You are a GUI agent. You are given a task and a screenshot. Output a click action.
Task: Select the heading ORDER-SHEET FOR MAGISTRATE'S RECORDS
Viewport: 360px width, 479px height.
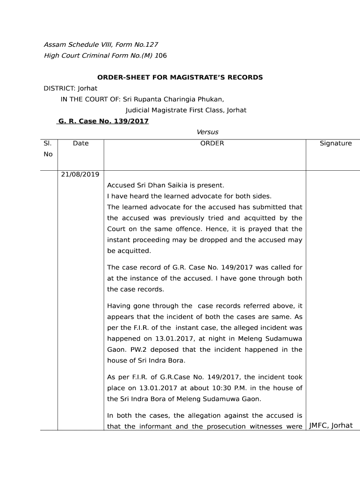pyautogui.click(x=180, y=77)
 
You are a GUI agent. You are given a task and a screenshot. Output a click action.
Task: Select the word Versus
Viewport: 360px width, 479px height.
pyautogui.click(x=208, y=132)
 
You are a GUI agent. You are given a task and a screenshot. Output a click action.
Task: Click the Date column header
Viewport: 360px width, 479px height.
pyautogui.click(x=81, y=143)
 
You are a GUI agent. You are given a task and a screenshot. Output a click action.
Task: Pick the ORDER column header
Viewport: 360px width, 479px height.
pyautogui.click(x=212, y=143)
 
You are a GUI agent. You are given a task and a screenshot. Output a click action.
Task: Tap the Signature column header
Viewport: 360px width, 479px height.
pyautogui.click(x=335, y=143)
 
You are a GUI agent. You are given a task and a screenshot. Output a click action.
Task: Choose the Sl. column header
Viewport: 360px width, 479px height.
pyautogui.click(x=48, y=143)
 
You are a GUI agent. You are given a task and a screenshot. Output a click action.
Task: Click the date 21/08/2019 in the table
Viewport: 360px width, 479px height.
pyautogui.click(x=80, y=174)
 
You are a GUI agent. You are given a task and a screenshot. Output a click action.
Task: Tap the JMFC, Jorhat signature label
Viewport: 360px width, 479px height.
pyautogui.click(x=331, y=426)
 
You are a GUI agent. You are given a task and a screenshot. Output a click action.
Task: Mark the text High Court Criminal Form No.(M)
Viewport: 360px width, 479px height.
pyautogui.click(x=98, y=56)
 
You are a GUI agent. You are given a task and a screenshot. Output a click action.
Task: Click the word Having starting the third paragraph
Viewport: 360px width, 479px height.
pyautogui.click(x=119, y=306)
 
